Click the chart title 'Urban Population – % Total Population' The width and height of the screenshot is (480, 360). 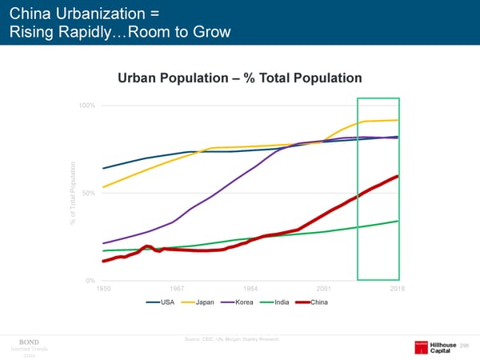point(240,78)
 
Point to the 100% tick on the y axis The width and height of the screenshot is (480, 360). point(87,106)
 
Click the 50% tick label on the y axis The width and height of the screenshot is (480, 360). point(89,193)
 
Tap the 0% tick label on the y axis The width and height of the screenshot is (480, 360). point(91,281)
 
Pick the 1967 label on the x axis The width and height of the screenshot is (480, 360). point(177,289)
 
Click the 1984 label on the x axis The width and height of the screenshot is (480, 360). point(250,289)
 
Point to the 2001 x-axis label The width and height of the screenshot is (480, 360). point(324,289)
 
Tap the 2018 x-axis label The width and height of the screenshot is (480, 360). point(398,289)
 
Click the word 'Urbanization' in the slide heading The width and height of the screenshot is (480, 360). point(95,14)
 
